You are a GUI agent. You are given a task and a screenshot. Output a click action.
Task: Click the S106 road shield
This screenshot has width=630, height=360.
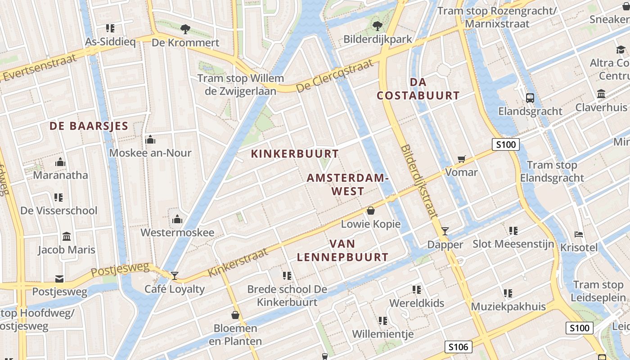pos(459,346)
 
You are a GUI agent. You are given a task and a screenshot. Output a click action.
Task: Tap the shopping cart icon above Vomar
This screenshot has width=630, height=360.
pos(461,158)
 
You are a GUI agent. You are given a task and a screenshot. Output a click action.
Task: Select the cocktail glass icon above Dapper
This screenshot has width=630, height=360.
pos(445,231)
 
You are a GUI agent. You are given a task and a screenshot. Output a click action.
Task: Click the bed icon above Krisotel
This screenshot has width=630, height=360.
pos(579,234)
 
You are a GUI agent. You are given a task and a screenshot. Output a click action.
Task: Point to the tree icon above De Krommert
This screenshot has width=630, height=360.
pos(185,29)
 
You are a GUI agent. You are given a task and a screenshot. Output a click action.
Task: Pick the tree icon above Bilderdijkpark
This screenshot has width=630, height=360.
pos(378,26)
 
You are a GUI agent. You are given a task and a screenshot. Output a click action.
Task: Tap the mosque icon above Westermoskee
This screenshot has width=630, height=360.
pos(177,219)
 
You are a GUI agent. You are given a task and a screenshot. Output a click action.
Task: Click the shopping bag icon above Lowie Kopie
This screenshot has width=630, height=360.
pos(371,210)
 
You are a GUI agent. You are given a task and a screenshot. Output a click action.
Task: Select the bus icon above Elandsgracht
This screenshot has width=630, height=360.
pos(530,98)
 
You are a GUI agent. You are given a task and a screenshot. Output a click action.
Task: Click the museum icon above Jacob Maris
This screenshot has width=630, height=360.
pos(67,236)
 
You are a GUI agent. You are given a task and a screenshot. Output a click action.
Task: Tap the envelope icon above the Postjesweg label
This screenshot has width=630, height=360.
pos(59,279)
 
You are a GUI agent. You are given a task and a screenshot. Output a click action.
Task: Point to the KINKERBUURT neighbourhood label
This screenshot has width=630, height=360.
pos(295,154)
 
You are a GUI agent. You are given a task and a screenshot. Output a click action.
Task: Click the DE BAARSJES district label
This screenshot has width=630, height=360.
pos(89,126)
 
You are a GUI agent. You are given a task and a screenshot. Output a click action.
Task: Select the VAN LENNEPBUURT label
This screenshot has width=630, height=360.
pos(342,251)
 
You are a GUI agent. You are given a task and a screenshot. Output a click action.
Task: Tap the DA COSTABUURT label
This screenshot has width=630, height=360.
pos(418,89)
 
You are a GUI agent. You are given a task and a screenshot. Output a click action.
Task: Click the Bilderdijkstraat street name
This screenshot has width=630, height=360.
pos(418,181)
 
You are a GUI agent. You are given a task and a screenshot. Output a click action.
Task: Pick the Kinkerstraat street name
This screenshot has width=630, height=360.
pos(238,263)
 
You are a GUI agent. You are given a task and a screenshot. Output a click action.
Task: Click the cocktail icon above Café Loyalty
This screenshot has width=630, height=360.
pos(175,275)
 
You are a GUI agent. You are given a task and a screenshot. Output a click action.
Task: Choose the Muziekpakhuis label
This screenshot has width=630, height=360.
pos(508,307)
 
